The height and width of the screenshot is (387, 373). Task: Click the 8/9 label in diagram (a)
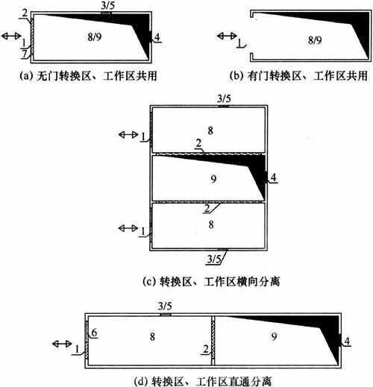(95, 37)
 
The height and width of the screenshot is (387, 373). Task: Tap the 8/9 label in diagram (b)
(315, 40)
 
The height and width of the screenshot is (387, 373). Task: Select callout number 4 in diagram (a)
(157, 37)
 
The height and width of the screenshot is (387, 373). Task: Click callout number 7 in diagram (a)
(24, 54)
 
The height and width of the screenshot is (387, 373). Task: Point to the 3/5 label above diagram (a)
(108, 6)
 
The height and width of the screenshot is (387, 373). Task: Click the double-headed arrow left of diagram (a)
(11, 36)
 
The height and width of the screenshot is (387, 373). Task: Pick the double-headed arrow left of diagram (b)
(227, 36)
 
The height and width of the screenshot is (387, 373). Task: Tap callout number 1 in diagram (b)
(239, 43)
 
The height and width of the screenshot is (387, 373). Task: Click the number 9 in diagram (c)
(213, 179)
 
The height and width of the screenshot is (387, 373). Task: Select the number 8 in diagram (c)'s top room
(210, 130)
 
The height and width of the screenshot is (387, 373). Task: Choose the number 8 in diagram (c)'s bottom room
(211, 224)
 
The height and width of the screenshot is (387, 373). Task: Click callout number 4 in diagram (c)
(274, 177)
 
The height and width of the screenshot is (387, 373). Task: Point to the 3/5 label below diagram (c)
(214, 259)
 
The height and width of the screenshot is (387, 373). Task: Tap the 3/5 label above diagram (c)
(224, 98)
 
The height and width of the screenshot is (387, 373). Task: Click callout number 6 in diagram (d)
(94, 333)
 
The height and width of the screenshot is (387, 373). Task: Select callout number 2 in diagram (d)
(206, 349)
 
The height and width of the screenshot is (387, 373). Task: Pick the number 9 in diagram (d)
(274, 336)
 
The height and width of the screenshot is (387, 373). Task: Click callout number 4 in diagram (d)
(347, 341)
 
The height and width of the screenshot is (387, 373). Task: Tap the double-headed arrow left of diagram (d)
(62, 344)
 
